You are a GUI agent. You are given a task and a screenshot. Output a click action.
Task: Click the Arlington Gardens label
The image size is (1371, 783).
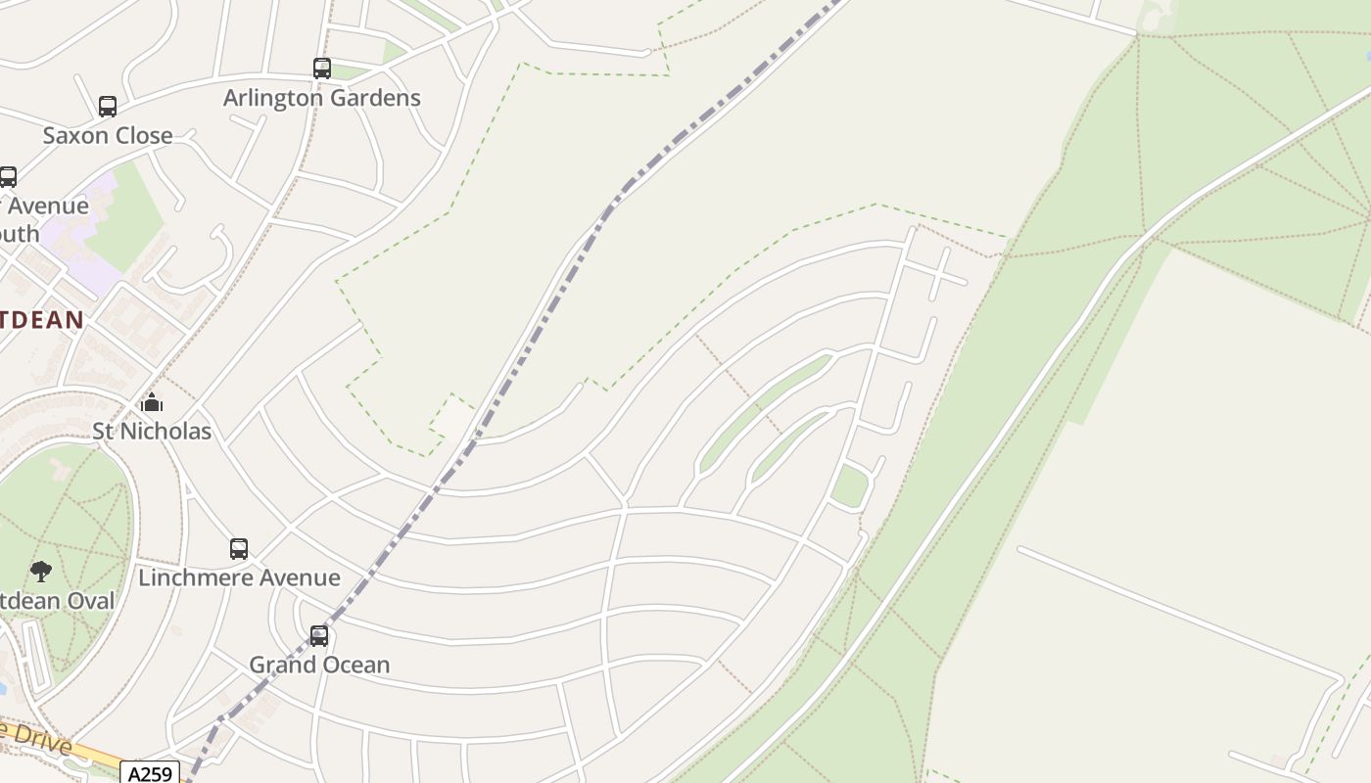click(321, 98)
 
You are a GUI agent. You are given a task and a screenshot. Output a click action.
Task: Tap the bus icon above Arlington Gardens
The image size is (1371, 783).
click(322, 69)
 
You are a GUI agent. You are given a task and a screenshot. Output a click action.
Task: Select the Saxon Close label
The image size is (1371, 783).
click(108, 135)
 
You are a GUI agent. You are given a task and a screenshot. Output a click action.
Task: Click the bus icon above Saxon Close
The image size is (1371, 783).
click(108, 107)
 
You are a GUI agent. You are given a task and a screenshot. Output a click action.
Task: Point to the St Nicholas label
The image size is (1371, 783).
click(152, 431)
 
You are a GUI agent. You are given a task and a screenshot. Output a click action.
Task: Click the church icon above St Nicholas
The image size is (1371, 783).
click(152, 402)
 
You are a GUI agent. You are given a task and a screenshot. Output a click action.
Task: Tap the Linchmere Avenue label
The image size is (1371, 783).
click(239, 577)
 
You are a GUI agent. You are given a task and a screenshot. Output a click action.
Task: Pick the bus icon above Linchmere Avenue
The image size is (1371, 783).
click(239, 549)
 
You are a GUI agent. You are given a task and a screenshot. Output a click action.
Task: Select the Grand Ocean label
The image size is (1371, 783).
click(319, 665)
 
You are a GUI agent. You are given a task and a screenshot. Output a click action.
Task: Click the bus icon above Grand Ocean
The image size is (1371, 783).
click(319, 636)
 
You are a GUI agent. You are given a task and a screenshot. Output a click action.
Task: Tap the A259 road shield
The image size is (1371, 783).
click(151, 773)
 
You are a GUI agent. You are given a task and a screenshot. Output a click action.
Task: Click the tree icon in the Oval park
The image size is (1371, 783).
click(41, 571)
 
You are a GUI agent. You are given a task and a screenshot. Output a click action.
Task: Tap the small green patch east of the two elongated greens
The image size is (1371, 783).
click(849, 486)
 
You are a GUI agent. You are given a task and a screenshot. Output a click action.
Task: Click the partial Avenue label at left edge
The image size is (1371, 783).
click(49, 207)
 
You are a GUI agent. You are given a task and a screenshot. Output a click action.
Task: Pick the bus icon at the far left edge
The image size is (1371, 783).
click(8, 177)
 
